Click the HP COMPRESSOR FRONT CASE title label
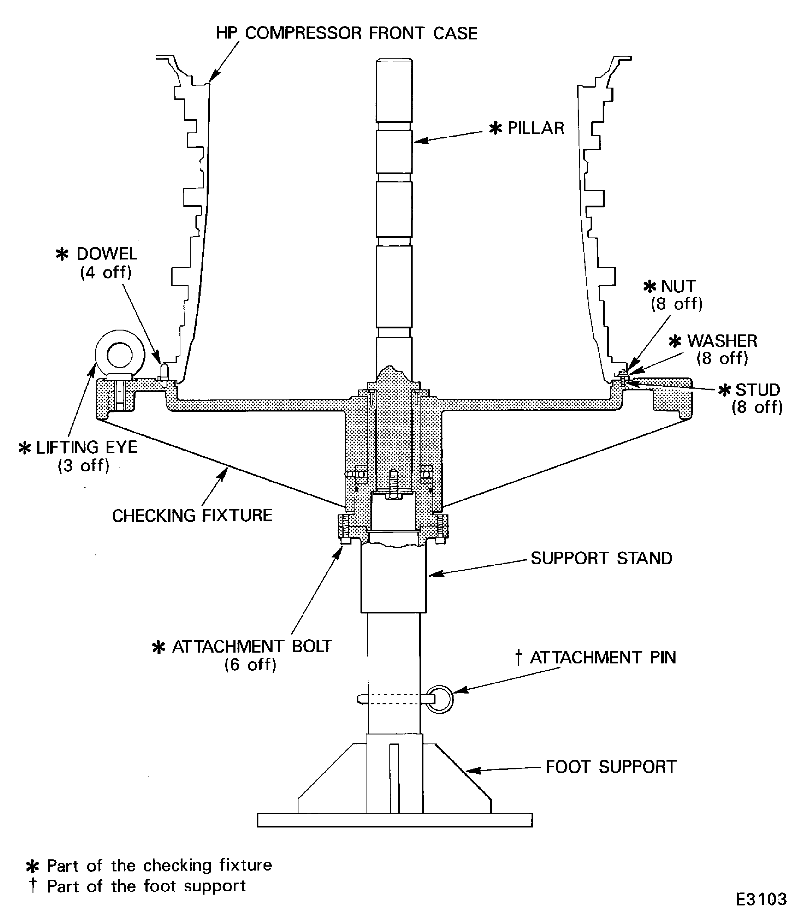point(347,33)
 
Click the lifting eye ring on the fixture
point(120,354)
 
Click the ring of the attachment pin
point(440,699)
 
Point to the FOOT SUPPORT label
point(610,767)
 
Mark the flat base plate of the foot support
point(395,820)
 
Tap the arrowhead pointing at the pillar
point(418,141)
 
